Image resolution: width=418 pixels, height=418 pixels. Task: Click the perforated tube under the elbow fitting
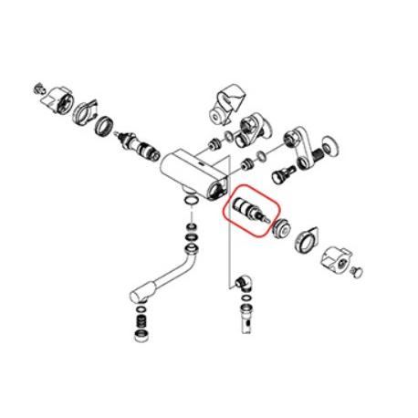coord(245,319)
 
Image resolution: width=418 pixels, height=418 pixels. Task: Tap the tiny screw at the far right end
coord(358,271)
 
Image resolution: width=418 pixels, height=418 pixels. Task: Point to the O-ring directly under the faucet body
coord(189,201)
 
